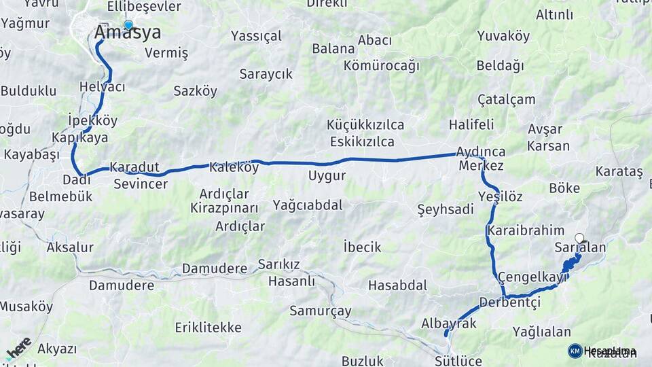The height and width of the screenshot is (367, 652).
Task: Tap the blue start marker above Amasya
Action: (128, 25)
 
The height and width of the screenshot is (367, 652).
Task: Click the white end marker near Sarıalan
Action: (579, 237)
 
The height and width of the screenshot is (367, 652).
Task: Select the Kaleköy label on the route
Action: (234, 167)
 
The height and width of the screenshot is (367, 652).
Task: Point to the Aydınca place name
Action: (481, 152)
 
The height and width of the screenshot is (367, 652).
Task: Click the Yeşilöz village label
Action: (500, 196)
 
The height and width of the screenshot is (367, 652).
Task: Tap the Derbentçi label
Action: (509, 302)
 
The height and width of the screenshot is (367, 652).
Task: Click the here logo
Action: (19, 347)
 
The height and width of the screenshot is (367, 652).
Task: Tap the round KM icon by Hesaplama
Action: (575, 351)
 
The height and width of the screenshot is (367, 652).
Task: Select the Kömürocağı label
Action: (381, 66)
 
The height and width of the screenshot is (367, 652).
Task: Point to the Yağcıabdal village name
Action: (308, 205)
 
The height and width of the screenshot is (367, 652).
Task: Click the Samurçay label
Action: (321, 311)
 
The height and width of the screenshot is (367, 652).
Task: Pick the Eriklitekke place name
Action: (208, 328)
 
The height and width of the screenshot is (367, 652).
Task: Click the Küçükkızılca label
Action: (365, 125)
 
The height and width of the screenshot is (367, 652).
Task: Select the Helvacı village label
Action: (102, 87)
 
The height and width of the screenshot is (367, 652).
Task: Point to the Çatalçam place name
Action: (506, 99)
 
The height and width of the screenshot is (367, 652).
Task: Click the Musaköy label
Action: (26, 307)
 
